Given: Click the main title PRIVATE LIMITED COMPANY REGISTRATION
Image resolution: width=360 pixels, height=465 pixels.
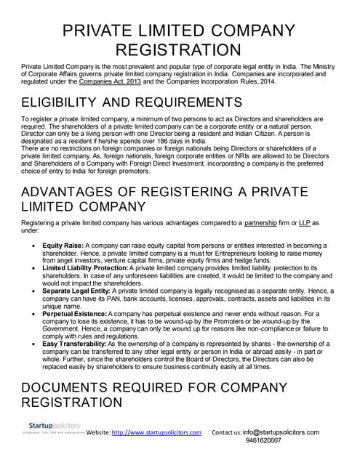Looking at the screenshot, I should [180, 40].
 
